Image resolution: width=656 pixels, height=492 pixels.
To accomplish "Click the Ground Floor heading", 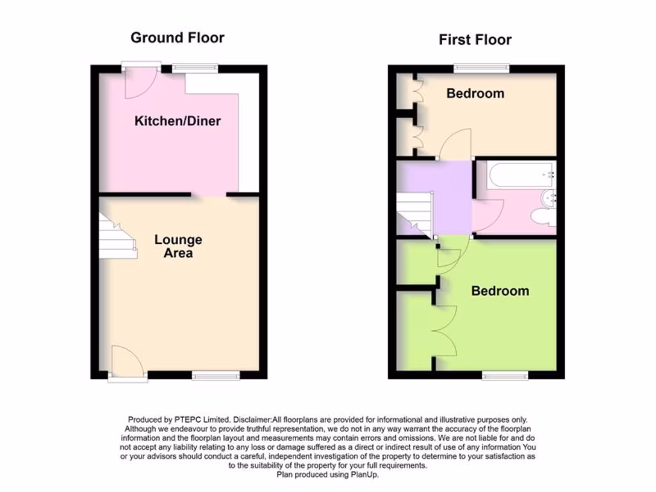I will pyautogui.click(x=177, y=38).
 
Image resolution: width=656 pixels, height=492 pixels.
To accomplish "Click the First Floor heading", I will pyautogui.click(x=475, y=40).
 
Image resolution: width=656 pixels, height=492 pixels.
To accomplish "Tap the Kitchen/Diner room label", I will pyautogui.click(x=177, y=120).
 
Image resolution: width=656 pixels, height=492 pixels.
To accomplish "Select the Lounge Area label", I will pyautogui.click(x=178, y=246).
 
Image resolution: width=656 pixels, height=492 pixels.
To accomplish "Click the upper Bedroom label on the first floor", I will pyautogui.click(x=475, y=94).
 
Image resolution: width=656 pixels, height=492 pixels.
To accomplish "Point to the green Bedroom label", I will pyautogui.click(x=500, y=291).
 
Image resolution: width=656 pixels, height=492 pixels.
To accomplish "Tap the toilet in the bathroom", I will pyautogui.click(x=544, y=218).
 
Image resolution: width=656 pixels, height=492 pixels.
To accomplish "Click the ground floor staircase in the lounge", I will pyautogui.click(x=117, y=237).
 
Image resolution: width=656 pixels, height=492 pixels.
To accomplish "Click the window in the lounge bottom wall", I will pyautogui.click(x=216, y=375).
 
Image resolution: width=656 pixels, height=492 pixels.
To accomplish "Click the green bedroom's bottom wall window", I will pyautogui.click(x=505, y=375).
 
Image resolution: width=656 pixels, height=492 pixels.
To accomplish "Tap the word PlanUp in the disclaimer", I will pyautogui.click(x=368, y=475).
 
